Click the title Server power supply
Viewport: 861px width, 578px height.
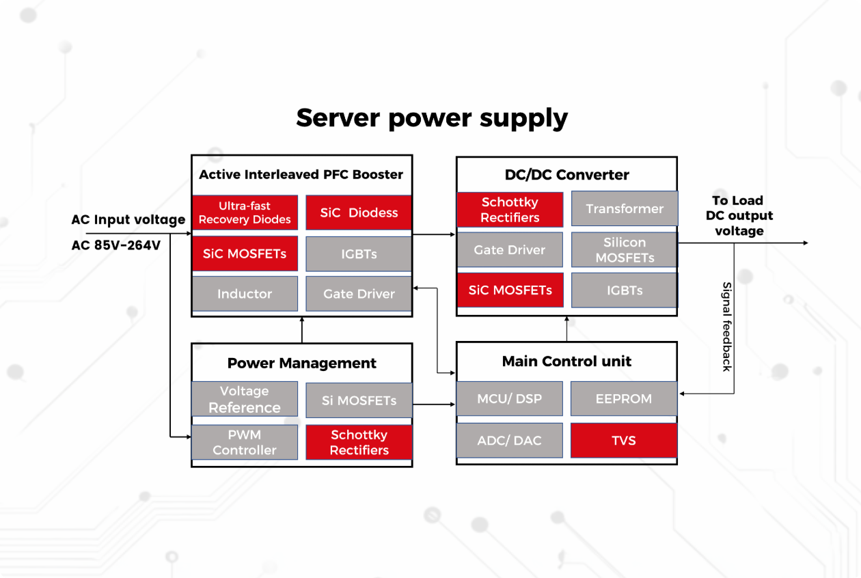432,118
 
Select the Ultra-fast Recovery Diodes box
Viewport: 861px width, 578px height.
245,212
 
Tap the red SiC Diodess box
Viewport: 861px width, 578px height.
359,212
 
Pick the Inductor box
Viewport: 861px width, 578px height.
245,294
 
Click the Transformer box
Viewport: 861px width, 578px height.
624,208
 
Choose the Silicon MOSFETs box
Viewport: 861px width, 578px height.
624,250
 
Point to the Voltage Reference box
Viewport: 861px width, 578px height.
245,399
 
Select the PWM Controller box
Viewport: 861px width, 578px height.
245,442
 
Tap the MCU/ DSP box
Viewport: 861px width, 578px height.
510,398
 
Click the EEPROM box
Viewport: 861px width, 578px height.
624,398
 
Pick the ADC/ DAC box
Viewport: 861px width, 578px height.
510,440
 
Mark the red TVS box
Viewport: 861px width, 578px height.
624,440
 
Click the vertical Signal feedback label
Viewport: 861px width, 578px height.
726,327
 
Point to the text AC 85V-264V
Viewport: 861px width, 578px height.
116,245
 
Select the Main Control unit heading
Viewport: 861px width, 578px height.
566,361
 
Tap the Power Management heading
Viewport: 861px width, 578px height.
301,363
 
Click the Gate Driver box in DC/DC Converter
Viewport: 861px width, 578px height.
510,250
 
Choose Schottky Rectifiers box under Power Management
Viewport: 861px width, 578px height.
359,442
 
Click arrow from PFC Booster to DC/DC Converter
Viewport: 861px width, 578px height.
434,234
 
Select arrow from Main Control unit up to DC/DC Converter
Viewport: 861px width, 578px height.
566,329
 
